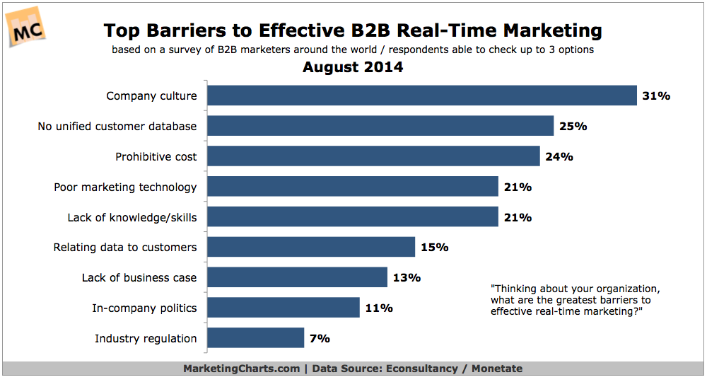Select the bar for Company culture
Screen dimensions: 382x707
coord(422,95)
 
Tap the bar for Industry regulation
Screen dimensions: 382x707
coord(255,338)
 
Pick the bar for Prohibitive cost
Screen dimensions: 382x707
coord(373,156)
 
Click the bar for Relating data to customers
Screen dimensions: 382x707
coord(311,247)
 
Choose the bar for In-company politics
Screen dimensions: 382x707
coord(284,308)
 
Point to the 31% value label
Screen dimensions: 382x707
coord(656,95)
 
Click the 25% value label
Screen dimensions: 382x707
coord(573,127)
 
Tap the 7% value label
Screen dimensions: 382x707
coord(320,338)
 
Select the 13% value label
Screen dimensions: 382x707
coord(407,277)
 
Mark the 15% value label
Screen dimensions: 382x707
coord(434,247)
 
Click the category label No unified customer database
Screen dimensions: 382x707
coord(117,127)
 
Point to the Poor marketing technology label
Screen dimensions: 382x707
coord(125,187)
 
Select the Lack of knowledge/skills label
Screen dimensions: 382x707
coord(132,217)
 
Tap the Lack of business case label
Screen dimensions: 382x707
coord(139,277)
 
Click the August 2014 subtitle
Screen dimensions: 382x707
coord(353,68)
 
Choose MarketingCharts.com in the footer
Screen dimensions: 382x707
coord(241,369)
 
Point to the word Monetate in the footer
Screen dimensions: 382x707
coord(496,369)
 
